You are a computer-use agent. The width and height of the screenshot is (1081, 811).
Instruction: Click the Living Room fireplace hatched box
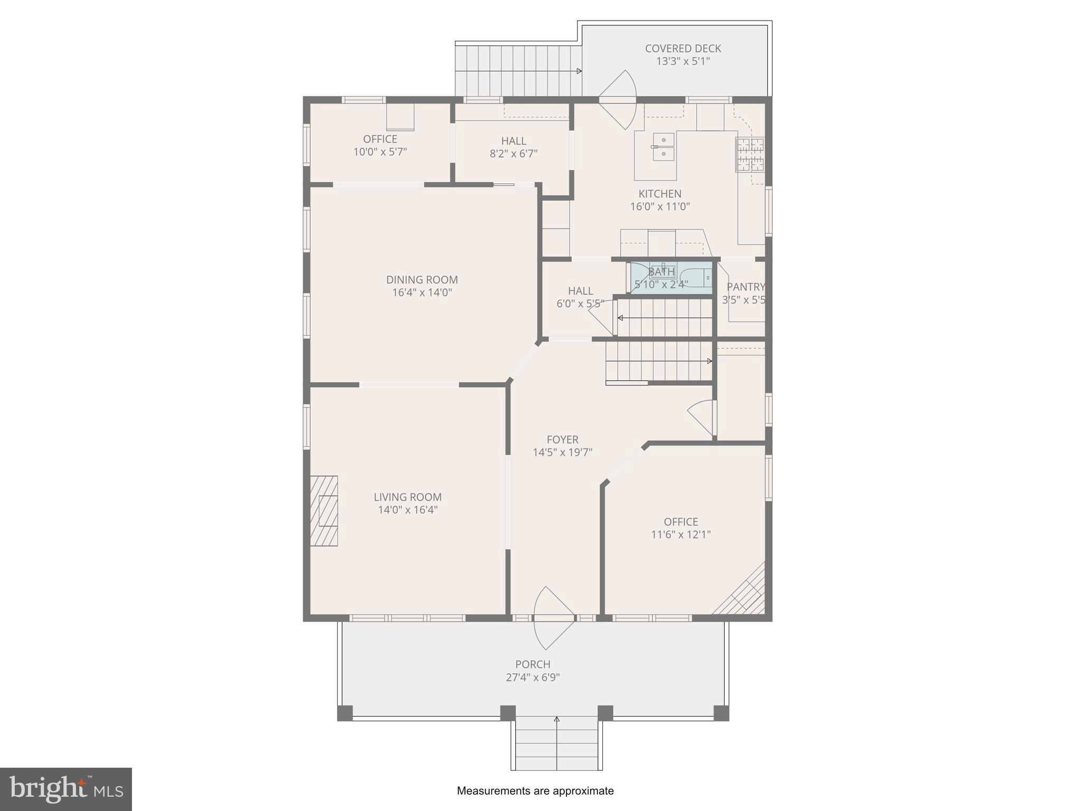[x=324, y=511]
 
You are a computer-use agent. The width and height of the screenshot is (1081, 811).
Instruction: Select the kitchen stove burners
[x=750, y=154]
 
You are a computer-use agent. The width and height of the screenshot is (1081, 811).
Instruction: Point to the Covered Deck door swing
[x=619, y=99]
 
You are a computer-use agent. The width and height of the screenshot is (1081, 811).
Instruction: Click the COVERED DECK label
[x=682, y=49]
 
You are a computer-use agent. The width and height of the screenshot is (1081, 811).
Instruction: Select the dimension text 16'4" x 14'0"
[x=422, y=293]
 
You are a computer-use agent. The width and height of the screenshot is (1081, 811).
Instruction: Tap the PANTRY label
[x=745, y=287]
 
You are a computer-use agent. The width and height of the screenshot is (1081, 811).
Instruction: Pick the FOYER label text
[x=562, y=439]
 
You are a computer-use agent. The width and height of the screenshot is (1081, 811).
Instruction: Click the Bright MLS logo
[x=65, y=789]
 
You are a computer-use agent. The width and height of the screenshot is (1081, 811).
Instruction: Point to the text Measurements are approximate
[x=535, y=791]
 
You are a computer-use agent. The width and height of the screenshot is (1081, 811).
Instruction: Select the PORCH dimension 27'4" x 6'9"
[x=533, y=677]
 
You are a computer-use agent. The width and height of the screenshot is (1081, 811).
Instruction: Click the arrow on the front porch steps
[x=556, y=720]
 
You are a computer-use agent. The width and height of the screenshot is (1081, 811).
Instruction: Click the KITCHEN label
[x=660, y=194]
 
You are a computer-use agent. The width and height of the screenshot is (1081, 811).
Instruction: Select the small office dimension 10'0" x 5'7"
[x=380, y=152]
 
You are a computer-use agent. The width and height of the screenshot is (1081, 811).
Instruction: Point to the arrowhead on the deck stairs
[x=579, y=71]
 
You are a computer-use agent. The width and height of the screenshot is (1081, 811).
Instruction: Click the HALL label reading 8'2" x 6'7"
[x=513, y=141]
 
